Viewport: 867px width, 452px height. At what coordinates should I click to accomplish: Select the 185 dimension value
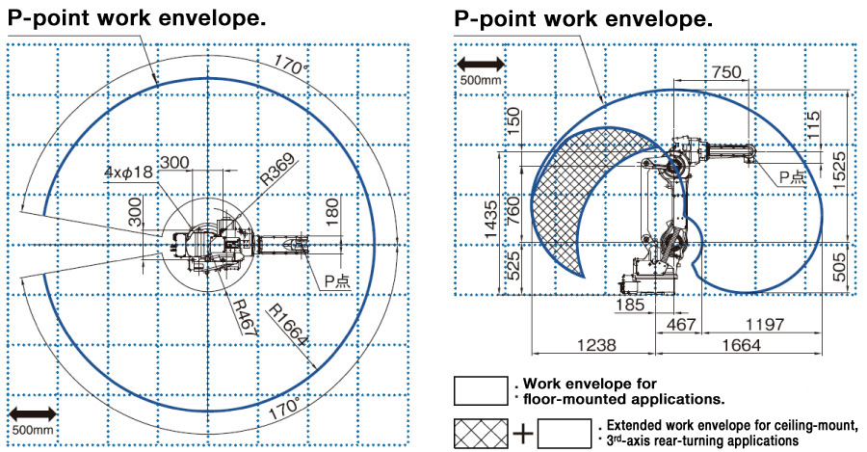pos(632,306)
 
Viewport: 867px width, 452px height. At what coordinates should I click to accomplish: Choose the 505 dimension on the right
pos(840,263)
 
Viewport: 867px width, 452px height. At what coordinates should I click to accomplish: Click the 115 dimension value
pos(815,124)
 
